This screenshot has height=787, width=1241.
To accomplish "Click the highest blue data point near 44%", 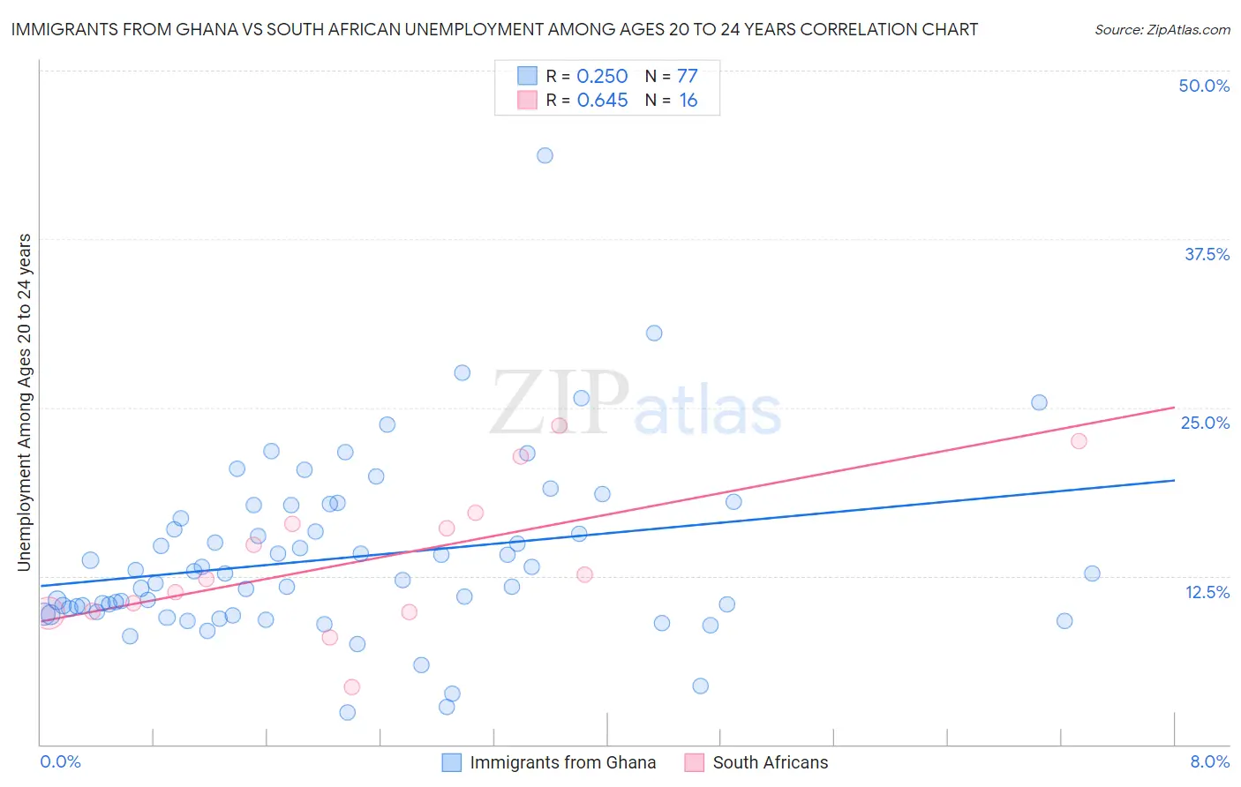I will (x=545, y=155).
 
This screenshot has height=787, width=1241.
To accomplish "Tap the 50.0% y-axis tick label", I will (x=1204, y=86).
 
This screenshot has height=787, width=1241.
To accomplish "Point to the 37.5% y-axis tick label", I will (x=1207, y=254).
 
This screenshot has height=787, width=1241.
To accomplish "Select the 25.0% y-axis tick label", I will (x=1205, y=423).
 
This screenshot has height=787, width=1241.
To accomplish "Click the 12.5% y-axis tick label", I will (x=1207, y=592).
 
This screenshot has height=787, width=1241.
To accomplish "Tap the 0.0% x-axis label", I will (x=60, y=761).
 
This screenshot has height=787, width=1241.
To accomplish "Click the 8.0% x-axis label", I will (x=1209, y=761).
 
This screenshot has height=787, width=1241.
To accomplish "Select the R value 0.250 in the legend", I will (x=602, y=76).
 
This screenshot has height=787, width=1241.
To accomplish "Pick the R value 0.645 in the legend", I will (x=602, y=101).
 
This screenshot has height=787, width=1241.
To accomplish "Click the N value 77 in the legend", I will (x=688, y=76).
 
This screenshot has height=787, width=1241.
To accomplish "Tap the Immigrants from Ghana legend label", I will (x=562, y=762).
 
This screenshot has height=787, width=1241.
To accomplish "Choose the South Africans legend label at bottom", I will (x=771, y=762).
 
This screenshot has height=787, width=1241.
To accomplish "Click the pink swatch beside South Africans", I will (x=695, y=762).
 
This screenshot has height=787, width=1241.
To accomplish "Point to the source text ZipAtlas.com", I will (x=1162, y=29).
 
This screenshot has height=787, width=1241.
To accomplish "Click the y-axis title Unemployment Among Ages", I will (x=24, y=401).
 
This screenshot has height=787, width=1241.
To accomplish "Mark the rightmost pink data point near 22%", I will (x=1079, y=441).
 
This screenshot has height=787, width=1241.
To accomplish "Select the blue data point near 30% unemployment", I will (x=654, y=333).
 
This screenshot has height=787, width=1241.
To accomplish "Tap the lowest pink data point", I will (x=351, y=686).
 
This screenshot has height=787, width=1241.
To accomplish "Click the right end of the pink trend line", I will (x=1174, y=407).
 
